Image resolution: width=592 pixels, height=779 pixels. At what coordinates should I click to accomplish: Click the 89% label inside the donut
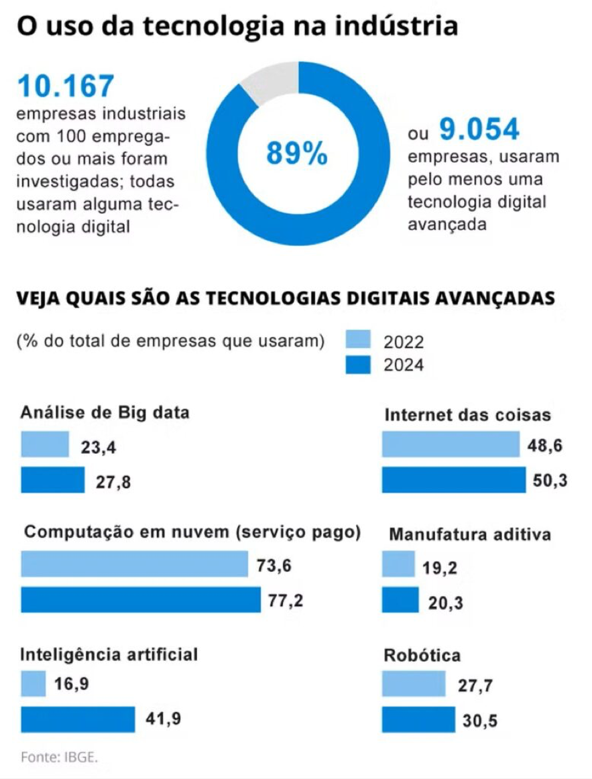(x=297, y=154)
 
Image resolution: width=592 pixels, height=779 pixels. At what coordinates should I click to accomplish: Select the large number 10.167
(x=66, y=86)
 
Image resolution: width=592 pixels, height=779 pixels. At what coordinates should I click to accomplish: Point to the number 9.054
(x=479, y=129)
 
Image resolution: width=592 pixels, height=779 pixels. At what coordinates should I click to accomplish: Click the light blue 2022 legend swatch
(x=358, y=340)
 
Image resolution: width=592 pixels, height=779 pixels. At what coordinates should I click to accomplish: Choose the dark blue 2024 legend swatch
(x=358, y=364)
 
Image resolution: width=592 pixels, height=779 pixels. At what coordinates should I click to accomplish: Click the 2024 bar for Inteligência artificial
(x=78, y=719)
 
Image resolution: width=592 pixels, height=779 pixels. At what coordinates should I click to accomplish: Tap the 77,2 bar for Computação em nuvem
(x=141, y=599)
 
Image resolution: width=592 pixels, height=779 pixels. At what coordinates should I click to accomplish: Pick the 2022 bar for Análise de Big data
(x=45, y=444)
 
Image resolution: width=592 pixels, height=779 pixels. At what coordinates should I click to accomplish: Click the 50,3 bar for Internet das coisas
(x=454, y=479)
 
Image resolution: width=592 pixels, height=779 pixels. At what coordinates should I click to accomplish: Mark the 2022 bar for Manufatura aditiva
(x=398, y=564)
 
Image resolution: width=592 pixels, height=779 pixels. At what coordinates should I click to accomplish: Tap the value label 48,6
(x=547, y=444)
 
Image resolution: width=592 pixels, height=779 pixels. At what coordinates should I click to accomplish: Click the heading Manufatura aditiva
(x=470, y=534)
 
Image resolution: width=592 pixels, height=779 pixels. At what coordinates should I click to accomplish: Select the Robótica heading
(x=422, y=655)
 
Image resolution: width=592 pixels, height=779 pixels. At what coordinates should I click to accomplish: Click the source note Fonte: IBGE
(x=59, y=757)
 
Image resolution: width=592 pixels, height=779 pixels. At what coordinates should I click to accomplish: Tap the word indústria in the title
(x=402, y=26)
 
